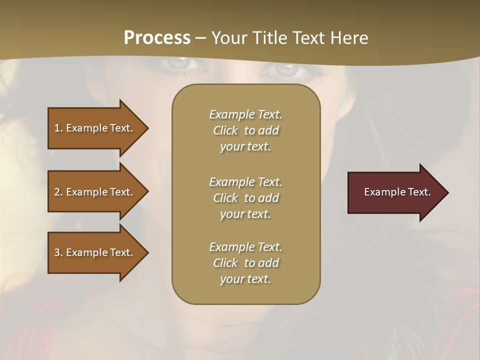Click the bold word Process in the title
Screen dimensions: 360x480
click(x=157, y=38)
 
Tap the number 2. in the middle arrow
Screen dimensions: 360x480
click(x=58, y=192)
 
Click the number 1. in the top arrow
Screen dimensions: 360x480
click(x=58, y=128)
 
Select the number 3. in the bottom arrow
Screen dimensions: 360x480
click(x=58, y=252)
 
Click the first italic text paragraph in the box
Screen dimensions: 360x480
click(x=245, y=130)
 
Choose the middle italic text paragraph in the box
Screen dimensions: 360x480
click(x=245, y=198)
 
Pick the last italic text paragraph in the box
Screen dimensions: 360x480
click(x=245, y=263)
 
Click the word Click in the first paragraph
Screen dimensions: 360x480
click(x=225, y=130)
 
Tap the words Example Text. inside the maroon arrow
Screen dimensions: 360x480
click(x=397, y=192)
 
